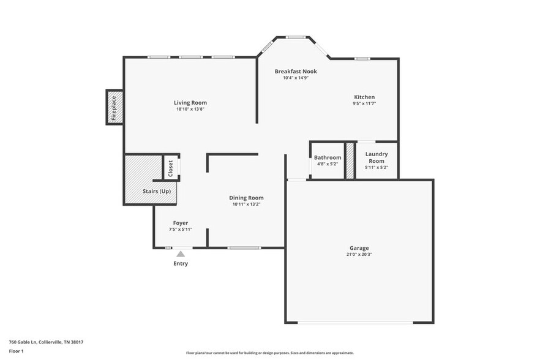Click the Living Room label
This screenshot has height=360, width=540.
pyautogui.click(x=190, y=103)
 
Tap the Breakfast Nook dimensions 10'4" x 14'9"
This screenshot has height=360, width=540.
pyautogui.click(x=295, y=78)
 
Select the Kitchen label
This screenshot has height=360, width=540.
pyautogui.click(x=364, y=97)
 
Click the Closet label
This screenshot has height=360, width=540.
pyautogui.click(x=171, y=168)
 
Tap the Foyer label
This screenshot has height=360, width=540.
pyautogui.click(x=181, y=223)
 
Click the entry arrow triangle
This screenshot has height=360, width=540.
pyautogui.click(x=181, y=253)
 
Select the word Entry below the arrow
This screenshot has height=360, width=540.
pyautogui.click(x=181, y=264)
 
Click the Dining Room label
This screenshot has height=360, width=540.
pyautogui.click(x=246, y=198)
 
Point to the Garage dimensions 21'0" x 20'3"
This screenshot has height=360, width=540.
pyautogui.click(x=359, y=255)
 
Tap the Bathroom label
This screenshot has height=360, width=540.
pyautogui.click(x=328, y=158)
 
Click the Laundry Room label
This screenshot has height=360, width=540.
pyautogui.click(x=377, y=157)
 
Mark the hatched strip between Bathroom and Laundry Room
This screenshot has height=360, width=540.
pyautogui.click(x=350, y=161)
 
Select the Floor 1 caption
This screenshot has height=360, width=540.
pyautogui.click(x=17, y=351)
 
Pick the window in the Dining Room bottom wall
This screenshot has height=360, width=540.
pyautogui.click(x=244, y=248)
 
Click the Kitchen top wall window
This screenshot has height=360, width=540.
pyautogui.click(x=362, y=59)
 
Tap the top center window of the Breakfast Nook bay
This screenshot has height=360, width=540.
pyautogui.click(x=296, y=37)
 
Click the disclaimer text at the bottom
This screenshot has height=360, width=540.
pyautogui.click(x=269, y=353)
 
